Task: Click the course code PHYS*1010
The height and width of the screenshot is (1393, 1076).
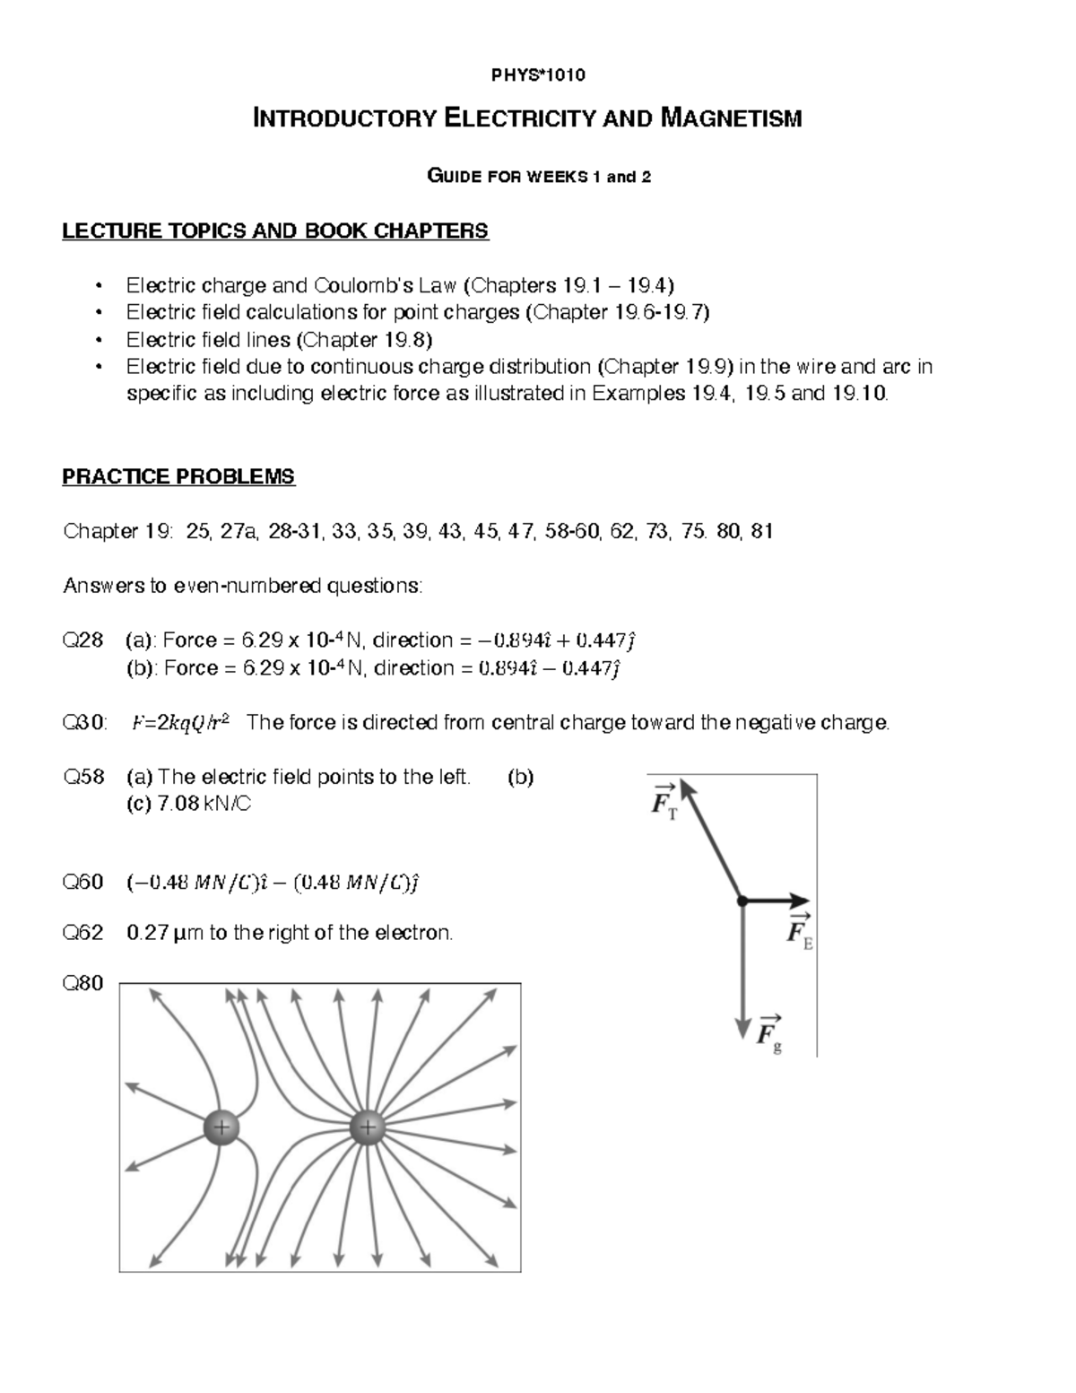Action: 538,75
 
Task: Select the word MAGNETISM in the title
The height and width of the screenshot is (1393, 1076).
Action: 731,118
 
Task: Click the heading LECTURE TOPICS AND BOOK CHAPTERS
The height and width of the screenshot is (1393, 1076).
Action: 275,231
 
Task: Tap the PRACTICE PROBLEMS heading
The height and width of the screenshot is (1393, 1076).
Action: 178,476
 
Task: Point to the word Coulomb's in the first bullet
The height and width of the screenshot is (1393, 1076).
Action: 358,286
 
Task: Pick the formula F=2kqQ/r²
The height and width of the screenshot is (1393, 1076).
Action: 179,723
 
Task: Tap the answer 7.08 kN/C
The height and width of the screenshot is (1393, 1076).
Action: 204,805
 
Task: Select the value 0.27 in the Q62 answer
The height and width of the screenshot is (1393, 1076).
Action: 147,933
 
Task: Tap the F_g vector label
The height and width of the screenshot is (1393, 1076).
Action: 769,1032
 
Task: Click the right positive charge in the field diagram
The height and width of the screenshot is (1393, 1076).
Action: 367,1127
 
